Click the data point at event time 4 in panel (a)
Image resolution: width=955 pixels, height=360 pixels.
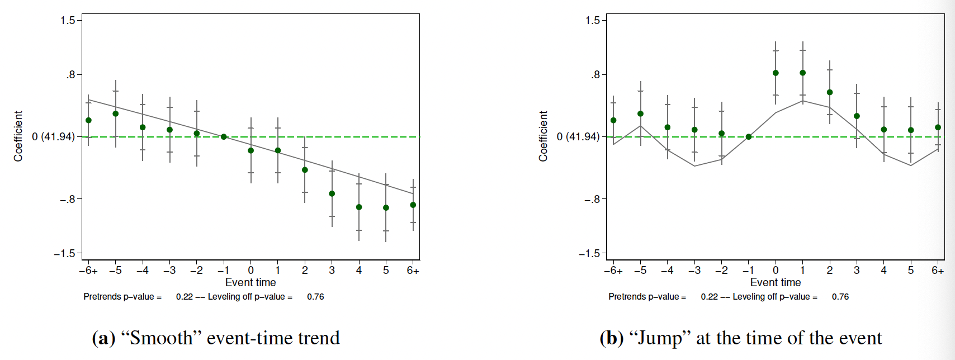[359, 207]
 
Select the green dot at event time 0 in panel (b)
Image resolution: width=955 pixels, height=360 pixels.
[776, 73]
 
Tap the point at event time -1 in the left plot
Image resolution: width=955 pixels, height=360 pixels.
[224, 136]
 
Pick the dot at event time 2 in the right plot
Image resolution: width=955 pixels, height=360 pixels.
[830, 92]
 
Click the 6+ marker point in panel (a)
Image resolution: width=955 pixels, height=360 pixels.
[413, 205]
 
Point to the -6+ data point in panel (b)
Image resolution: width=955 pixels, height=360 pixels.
[613, 120]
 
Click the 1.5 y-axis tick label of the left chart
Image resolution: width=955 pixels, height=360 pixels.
[68, 21]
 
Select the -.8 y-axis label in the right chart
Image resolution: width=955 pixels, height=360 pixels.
[592, 199]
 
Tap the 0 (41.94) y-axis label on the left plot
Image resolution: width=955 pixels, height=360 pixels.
[53, 136]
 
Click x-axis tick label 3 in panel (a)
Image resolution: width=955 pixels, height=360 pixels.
[332, 271]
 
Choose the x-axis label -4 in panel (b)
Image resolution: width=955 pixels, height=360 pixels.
[667, 271]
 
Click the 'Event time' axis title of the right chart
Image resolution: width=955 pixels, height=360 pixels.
[776, 282]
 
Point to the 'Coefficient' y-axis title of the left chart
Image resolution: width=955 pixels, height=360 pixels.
[18, 136]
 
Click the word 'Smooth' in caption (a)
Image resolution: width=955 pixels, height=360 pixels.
[162, 338]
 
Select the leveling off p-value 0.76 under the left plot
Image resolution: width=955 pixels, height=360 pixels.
[315, 297]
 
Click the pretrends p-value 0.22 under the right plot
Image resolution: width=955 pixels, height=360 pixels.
[710, 297]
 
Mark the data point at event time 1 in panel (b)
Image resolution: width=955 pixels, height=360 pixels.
[803, 73]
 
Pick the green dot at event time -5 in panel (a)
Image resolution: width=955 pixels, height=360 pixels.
[116, 113]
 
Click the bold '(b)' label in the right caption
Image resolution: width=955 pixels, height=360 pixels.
[611, 338]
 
